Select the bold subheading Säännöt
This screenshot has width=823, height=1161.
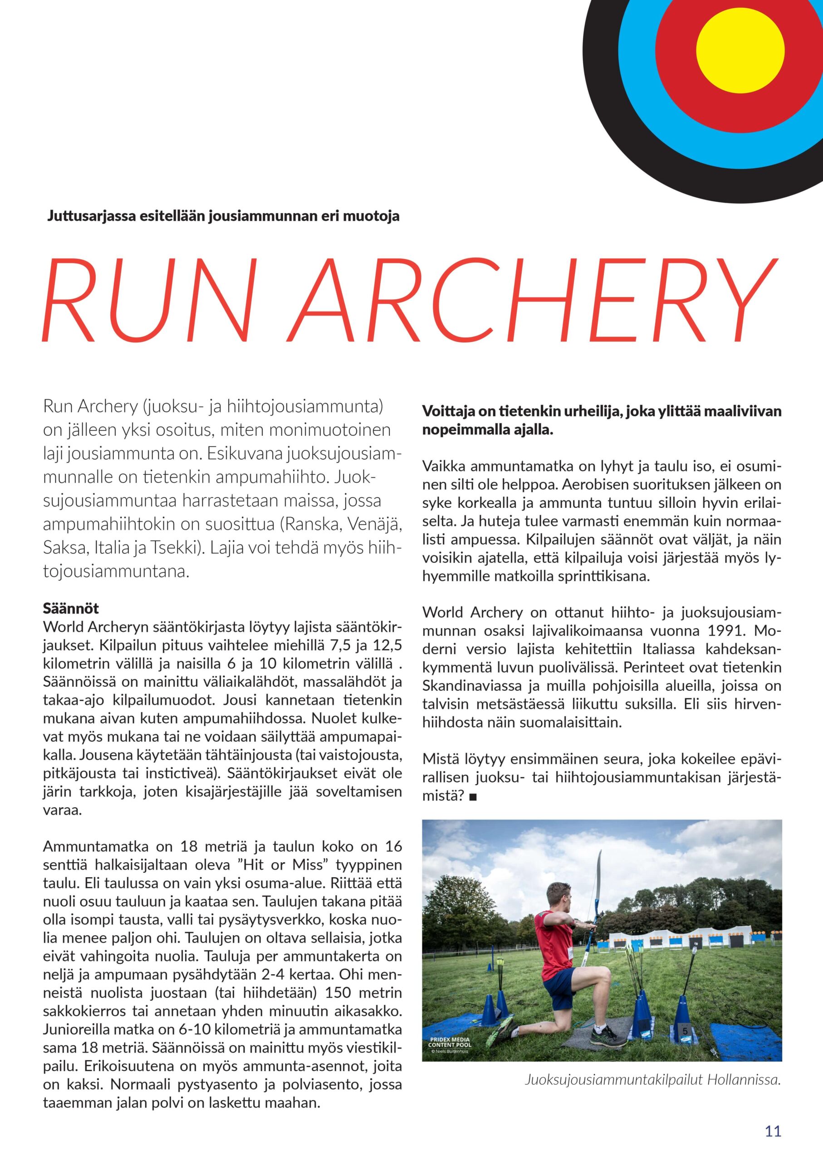coord(71,608)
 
